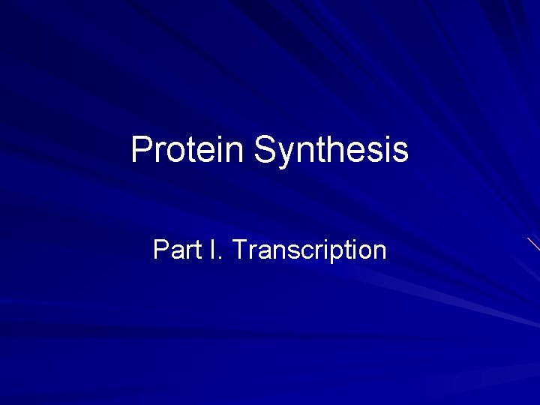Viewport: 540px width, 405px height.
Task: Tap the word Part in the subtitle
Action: point(176,250)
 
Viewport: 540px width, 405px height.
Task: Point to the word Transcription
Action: point(310,250)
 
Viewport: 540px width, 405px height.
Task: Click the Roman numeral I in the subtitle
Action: point(213,250)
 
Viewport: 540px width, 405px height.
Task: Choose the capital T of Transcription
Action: point(239,250)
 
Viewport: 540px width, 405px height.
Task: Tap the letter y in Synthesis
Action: point(285,153)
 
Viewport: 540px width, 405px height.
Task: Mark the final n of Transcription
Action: point(379,252)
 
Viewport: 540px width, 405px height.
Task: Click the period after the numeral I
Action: point(220,258)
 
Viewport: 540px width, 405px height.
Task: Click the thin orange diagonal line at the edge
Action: point(533,244)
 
